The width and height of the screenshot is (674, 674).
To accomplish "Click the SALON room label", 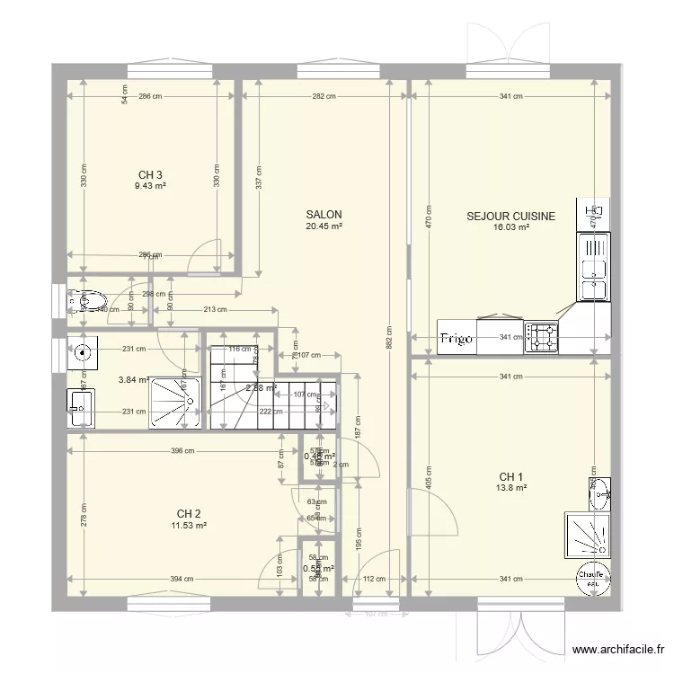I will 324,215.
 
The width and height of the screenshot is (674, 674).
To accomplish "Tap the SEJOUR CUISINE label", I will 510,217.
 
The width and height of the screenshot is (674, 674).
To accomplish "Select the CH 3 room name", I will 150,175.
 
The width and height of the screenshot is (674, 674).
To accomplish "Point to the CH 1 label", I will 510,476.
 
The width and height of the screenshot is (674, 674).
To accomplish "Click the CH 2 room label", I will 189,514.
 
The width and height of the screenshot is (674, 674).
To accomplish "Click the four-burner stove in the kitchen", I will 543,337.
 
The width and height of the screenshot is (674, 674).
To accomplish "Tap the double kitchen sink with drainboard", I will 592,266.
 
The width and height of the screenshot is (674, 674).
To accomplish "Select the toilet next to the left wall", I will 90,301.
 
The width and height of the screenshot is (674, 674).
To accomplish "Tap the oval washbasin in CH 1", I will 599,491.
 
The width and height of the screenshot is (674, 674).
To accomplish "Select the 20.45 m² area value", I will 324,226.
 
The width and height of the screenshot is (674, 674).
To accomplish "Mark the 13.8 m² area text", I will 510,488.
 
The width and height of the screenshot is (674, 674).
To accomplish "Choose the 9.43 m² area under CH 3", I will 150,187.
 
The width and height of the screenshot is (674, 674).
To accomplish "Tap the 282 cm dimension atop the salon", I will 324,97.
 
